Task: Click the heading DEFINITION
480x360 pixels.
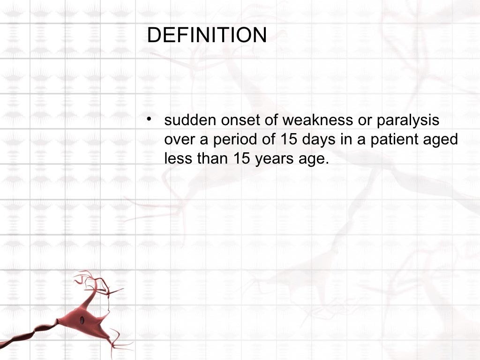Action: (207, 36)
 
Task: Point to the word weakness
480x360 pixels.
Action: (317, 120)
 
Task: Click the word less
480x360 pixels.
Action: (177, 158)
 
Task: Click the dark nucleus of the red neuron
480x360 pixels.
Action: (82, 320)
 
